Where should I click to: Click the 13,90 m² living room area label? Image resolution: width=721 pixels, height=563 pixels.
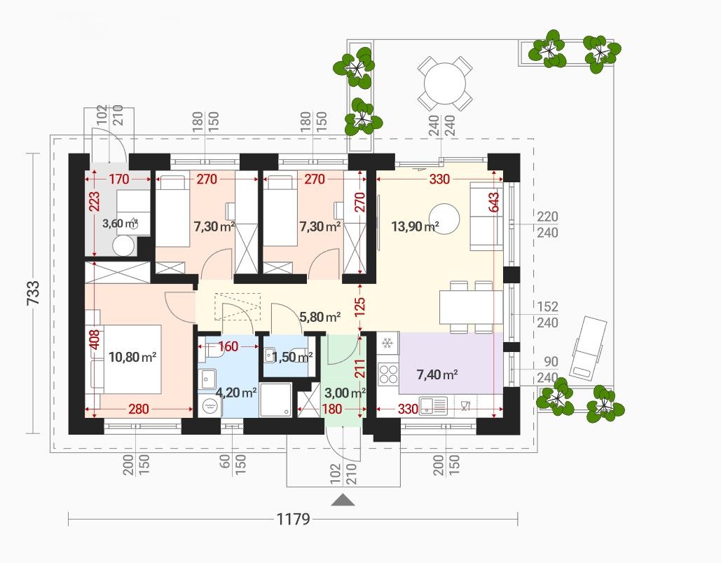click(415, 226)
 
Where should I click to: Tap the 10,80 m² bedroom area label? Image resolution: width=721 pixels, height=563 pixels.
click(132, 357)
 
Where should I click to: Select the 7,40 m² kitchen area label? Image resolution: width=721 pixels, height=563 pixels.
click(437, 375)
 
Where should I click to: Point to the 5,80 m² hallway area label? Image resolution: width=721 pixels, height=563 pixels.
click(320, 316)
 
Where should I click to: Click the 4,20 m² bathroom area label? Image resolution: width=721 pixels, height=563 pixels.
click(236, 393)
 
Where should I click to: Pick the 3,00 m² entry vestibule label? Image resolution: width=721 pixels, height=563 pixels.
click(345, 393)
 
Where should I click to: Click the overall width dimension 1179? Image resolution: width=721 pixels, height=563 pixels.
click(293, 520)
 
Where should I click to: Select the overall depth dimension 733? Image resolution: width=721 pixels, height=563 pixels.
click(33, 293)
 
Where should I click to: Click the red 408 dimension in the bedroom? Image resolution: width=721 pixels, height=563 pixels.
click(95, 340)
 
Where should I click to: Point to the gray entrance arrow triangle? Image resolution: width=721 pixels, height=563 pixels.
click(343, 500)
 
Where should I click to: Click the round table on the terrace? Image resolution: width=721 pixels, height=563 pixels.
click(445, 83)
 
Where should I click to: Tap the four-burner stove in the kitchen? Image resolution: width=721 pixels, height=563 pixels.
click(388, 374)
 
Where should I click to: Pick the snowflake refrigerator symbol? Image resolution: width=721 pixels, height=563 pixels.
click(387, 343)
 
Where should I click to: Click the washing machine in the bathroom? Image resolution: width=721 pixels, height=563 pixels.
click(210, 406)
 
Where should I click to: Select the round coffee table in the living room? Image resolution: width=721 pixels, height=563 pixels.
click(444, 219)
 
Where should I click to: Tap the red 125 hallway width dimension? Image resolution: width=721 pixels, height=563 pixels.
click(360, 305)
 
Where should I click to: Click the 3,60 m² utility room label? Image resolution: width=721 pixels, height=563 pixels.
click(121, 224)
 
